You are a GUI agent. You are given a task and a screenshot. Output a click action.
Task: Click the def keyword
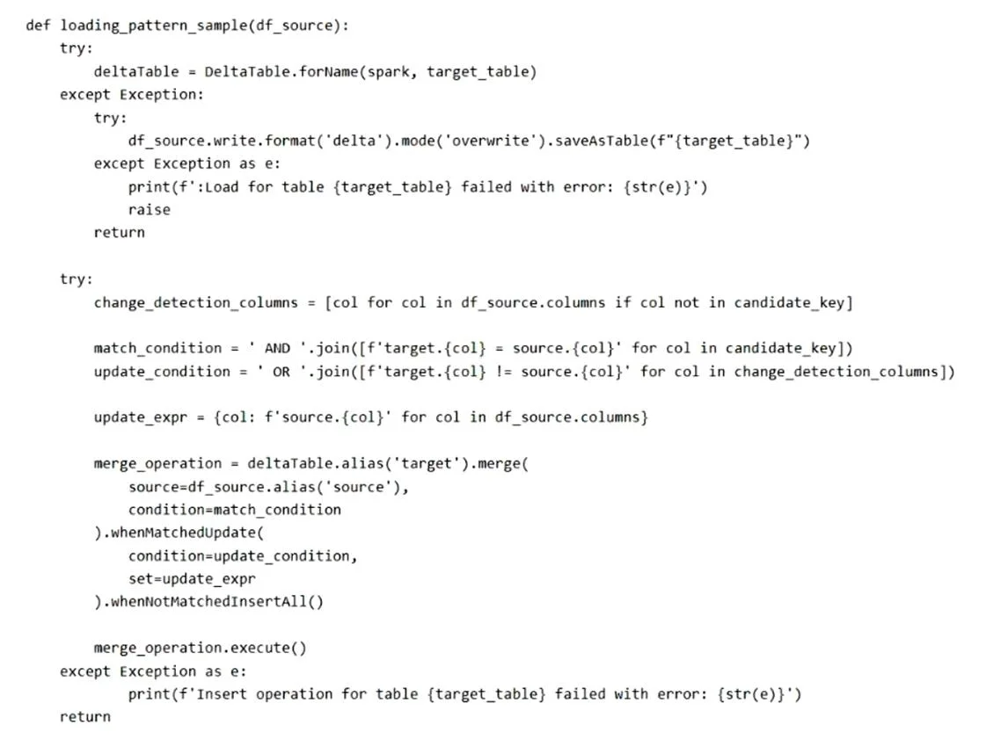click(38, 25)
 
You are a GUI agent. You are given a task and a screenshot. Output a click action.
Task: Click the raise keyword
click(149, 210)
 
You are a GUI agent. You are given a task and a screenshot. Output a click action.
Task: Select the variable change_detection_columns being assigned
click(195, 303)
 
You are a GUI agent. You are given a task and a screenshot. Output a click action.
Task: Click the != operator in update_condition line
click(504, 372)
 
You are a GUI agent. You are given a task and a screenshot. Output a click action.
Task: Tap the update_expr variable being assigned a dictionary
click(140, 417)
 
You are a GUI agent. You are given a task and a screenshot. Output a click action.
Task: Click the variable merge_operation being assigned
click(157, 464)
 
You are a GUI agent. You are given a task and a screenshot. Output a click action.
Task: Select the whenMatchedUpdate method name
click(183, 533)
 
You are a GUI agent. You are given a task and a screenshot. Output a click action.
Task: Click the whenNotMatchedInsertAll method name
click(208, 602)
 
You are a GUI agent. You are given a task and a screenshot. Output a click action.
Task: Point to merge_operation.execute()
click(200, 648)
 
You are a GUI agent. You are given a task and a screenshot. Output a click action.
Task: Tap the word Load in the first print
click(222, 187)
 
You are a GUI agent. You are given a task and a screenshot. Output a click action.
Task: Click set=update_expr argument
click(192, 579)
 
